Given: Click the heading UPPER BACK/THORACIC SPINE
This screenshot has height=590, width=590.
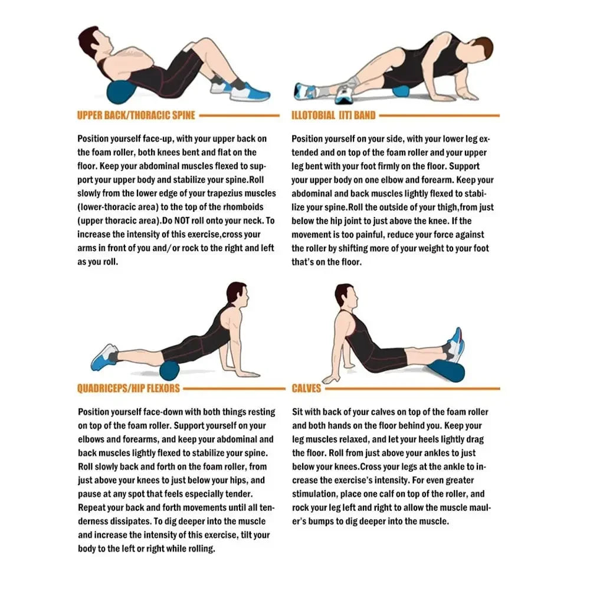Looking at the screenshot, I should click(x=136, y=116).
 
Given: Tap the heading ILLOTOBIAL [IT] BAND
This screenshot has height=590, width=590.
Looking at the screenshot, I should click(x=333, y=116).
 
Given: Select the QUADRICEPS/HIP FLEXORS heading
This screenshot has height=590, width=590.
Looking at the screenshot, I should click(x=129, y=389).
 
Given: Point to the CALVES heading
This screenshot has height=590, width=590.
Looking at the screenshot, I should click(x=306, y=389).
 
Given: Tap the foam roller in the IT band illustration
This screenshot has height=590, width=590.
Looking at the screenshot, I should click(x=401, y=92).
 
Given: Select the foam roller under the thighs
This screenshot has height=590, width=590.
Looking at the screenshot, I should click(x=170, y=371).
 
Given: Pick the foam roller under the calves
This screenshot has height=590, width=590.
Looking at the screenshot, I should click(x=447, y=371).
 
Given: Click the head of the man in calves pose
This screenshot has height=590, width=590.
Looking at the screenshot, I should click(x=344, y=294).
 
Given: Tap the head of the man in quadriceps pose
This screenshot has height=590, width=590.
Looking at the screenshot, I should click(x=236, y=293).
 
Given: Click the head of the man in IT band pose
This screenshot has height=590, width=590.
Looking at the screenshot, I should click(x=483, y=47).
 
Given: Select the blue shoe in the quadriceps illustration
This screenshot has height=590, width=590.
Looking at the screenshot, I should click(x=104, y=357).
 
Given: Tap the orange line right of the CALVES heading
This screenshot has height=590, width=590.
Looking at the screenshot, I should click(x=413, y=389).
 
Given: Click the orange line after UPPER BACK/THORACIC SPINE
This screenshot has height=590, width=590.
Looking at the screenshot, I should click(x=239, y=116).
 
